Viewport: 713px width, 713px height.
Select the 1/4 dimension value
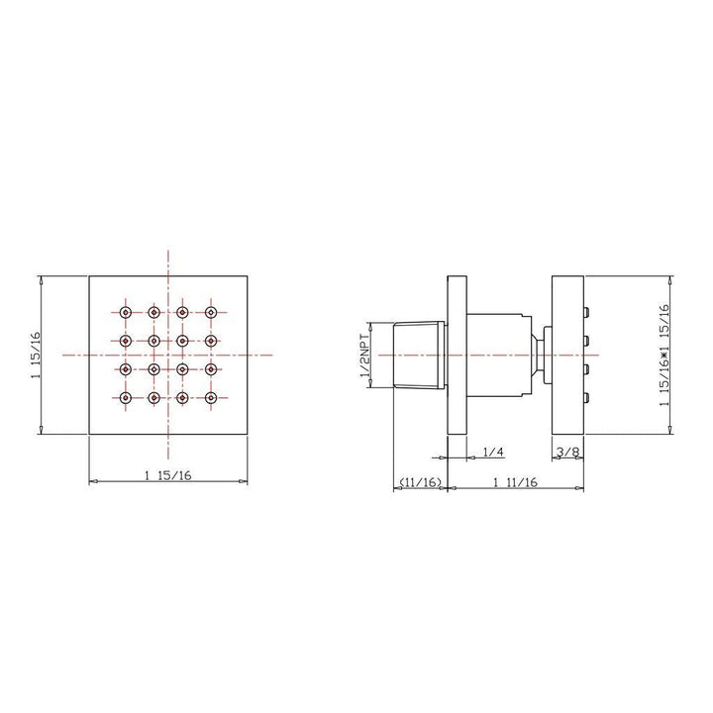click(493, 453)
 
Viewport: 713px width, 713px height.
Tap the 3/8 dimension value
click(567, 453)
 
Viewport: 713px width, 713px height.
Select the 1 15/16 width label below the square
click(168, 476)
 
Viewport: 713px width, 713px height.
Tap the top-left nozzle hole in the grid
click(125, 312)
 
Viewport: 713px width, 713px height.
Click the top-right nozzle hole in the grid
click(211, 312)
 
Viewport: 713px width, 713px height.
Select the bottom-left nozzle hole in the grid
click(125, 398)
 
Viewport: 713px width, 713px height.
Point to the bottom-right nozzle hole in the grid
click(211, 398)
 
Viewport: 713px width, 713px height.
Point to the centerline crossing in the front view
click(168, 356)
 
